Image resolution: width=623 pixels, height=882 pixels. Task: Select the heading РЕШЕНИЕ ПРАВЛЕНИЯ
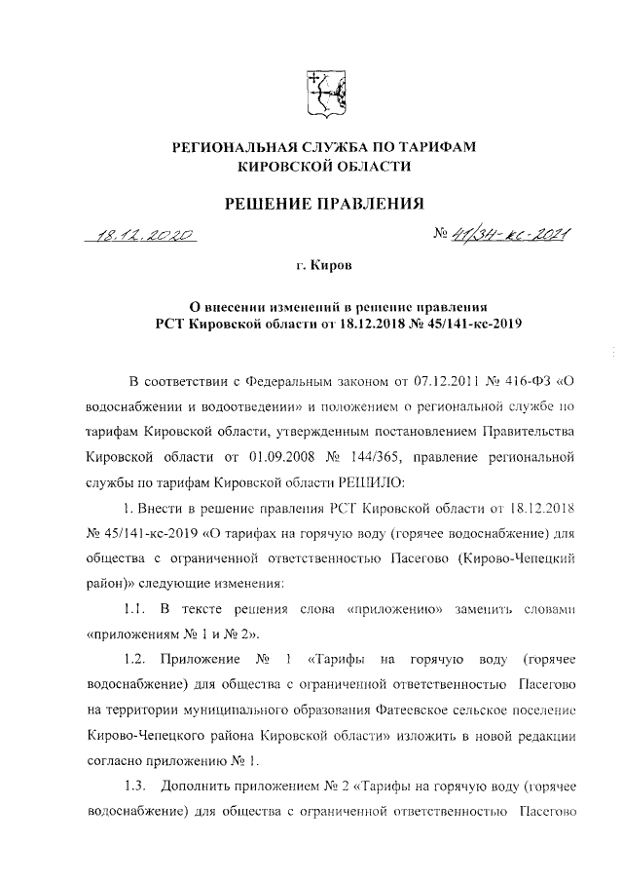[x=324, y=204]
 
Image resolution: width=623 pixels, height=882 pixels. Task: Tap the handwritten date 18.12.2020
[x=142, y=234]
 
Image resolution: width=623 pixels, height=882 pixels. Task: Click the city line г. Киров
[x=325, y=265]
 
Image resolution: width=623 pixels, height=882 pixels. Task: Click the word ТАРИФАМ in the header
[x=434, y=147]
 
